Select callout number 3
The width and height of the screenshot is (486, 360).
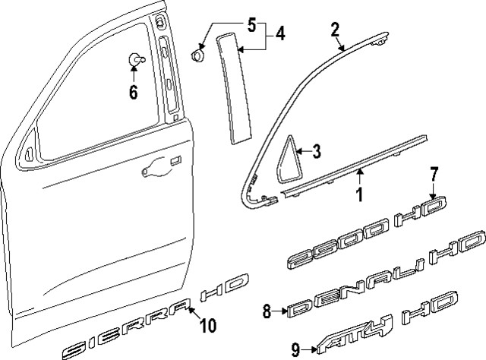pos(317,152)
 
